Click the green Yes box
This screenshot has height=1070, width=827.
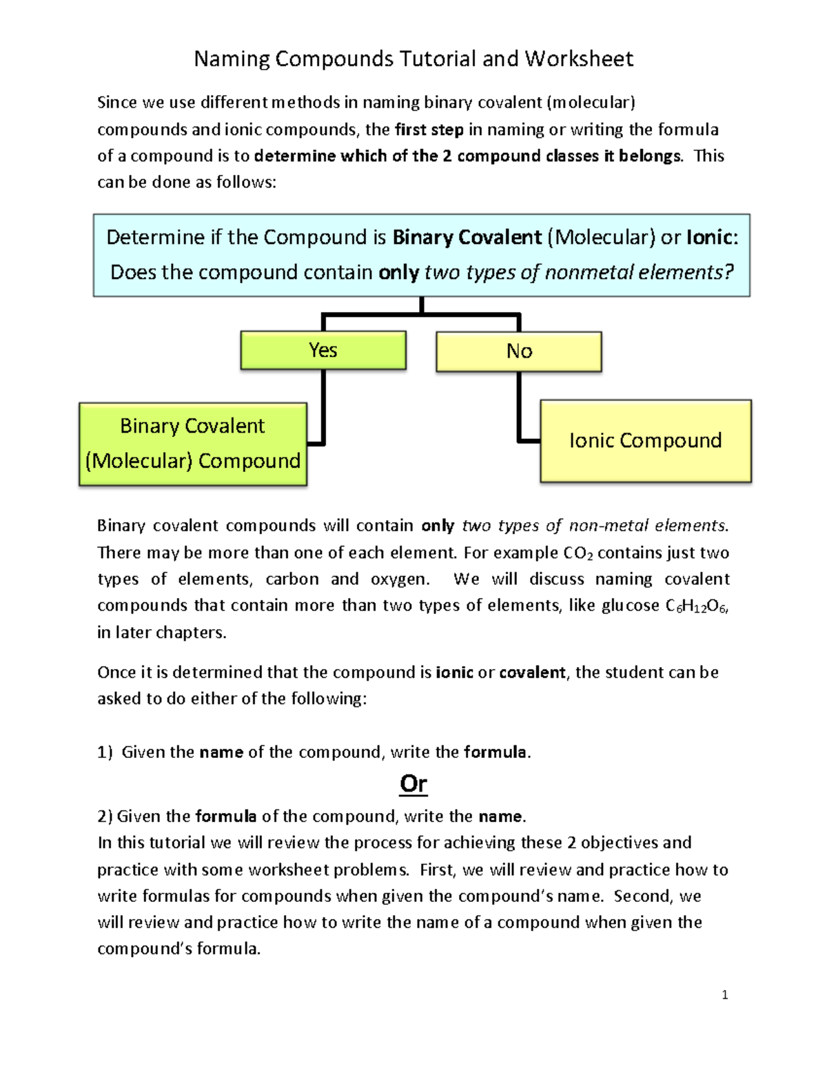pyautogui.click(x=323, y=350)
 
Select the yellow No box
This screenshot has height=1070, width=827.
pyautogui.click(x=519, y=351)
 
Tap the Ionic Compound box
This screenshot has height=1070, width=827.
pyautogui.click(x=646, y=441)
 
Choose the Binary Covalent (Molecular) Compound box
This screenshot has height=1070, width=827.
pyautogui.click(x=193, y=444)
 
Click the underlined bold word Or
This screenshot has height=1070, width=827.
pyautogui.click(x=413, y=783)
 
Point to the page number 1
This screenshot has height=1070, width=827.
pyautogui.click(x=724, y=994)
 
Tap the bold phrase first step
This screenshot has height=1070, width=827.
pyautogui.click(x=429, y=130)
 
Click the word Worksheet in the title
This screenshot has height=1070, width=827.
pyautogui.click(x=579, y=59)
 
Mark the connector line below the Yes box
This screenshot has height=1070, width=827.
pyautogui.click(x=323, y=407)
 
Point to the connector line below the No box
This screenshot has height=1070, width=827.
pyautogui.click(x=519, y=407)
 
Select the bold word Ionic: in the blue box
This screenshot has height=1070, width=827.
pyautogui.click(x=712, y=237)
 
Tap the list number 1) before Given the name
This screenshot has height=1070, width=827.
pyautogui.click(x=105, y=752)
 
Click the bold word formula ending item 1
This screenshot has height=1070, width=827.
pyautogui.click(x=495, y=752)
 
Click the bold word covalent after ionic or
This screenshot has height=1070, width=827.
pyautogui.click(x=532, y=672)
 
